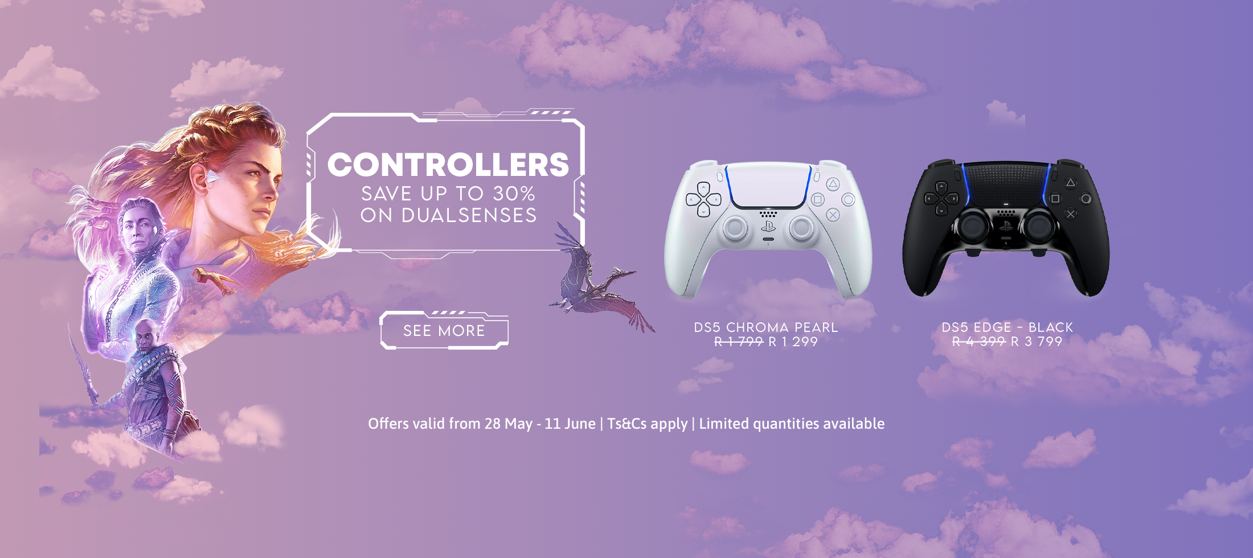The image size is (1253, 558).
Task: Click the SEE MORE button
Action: pos(444,330)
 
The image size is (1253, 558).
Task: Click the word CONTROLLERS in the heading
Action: pos(448,165)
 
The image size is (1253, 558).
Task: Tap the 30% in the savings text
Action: pos(514,194)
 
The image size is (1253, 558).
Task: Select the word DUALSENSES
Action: pos(469,215)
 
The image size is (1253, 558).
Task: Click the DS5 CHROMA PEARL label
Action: pos(765,327)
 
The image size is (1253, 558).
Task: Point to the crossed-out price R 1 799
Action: pos(739,342)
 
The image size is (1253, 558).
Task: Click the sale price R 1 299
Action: pos(793,342)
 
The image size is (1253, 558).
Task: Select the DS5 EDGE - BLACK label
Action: pos(1007,327)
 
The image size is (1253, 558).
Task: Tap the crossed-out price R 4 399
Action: pos(979,342)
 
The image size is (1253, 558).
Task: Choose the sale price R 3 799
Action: pos(1037,342)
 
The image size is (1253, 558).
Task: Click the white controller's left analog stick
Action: pos(735,228)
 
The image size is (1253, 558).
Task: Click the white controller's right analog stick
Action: pos(801,228)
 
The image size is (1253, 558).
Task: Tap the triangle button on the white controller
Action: pos(833,183)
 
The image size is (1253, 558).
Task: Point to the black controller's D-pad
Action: pos(941,198)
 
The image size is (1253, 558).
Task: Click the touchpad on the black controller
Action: pos(1006,183)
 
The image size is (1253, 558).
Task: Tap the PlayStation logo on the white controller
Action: pos(768,227)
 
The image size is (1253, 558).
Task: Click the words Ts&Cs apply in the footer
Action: pos(647,424)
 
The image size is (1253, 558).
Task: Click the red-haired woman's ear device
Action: pos(212,178)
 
